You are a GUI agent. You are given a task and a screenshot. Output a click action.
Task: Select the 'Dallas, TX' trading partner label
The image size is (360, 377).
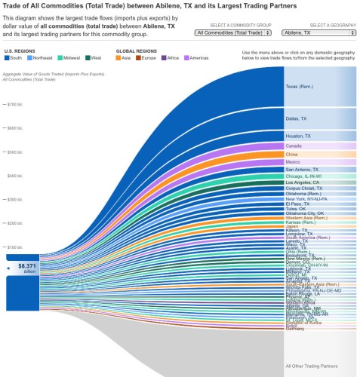[296, 119]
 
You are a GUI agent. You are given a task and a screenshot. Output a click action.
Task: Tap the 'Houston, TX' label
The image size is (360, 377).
[297, 136]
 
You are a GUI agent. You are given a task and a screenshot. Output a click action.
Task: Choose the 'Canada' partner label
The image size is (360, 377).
[294, 146]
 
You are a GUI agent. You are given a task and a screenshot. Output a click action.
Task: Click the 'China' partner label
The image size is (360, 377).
[292, 154]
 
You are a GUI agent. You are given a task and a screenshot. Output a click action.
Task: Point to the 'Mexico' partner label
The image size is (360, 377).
[294, 162]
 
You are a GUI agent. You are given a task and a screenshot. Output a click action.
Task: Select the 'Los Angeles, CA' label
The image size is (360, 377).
[302, 182]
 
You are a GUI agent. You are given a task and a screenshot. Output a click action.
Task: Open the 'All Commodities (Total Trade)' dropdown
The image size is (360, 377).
[233, 33]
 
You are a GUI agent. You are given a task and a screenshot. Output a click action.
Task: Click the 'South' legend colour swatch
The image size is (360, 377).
[8, 57]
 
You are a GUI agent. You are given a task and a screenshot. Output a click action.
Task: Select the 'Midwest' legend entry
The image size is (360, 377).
[69, 57]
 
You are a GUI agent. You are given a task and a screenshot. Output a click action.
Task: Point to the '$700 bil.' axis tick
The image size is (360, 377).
[14, 104]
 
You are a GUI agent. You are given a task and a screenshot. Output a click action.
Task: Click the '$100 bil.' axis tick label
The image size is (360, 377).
[14, 247]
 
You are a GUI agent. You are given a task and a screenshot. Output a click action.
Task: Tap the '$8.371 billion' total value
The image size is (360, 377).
[27, 267]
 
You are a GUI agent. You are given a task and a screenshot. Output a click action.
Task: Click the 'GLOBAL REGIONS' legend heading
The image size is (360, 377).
[135, 51]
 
